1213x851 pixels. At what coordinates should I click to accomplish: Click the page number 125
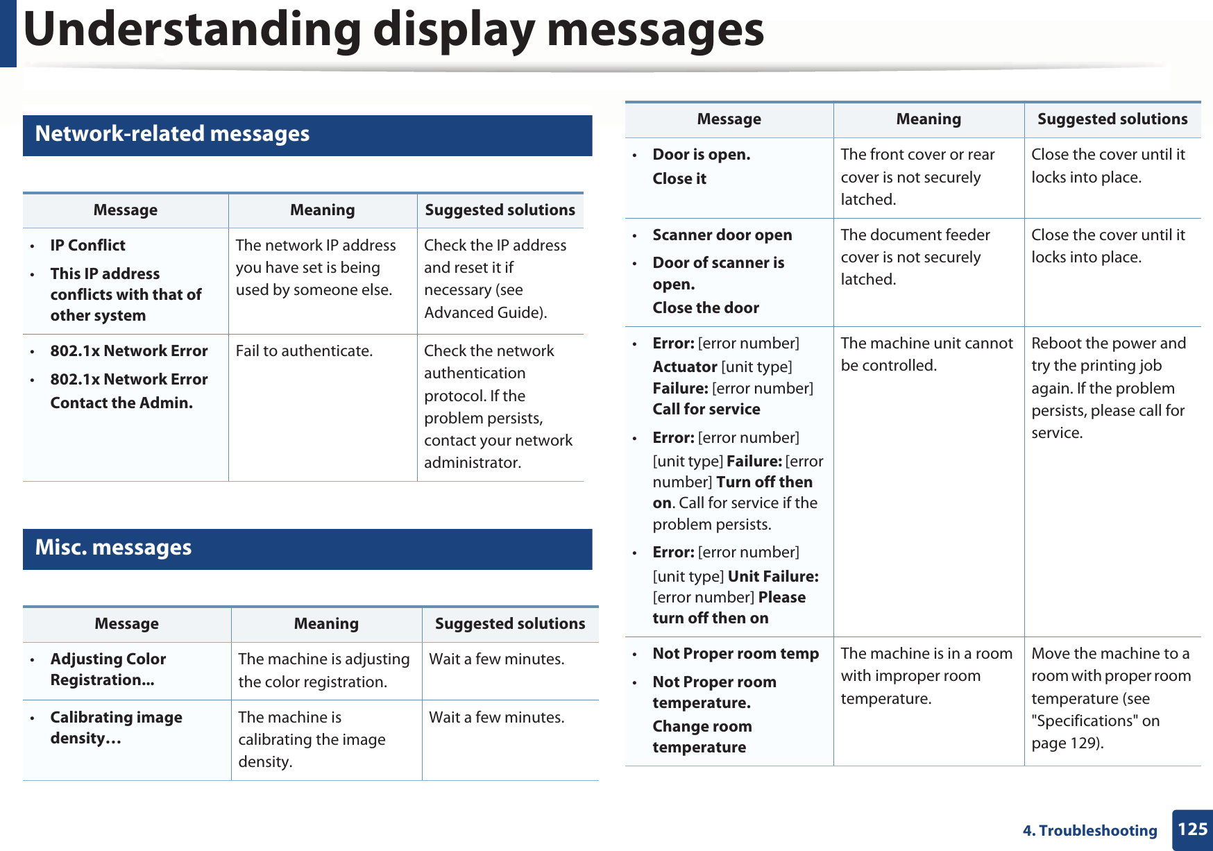point(1192,829)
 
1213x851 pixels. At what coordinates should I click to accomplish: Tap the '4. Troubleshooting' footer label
point(1089,831)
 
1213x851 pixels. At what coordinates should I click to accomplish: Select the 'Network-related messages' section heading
point(172,134)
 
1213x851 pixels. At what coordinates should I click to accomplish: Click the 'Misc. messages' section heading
point(113,548)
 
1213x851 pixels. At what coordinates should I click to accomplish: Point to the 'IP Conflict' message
point(87,246)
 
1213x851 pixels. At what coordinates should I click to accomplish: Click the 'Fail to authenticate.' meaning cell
point(304,351)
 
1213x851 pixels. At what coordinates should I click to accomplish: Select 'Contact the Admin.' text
point(121,403)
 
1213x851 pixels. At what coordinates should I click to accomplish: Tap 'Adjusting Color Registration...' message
point(108,669)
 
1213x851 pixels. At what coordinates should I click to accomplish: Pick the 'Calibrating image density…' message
point(116,727)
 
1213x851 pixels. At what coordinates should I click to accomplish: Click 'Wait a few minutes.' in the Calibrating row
point(496,718)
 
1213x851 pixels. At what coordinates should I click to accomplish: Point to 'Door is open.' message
point(701,155)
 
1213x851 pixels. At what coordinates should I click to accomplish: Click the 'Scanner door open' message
point(722,235)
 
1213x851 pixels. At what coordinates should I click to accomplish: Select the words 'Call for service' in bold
point(706,410)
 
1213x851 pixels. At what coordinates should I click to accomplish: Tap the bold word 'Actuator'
point(684,367)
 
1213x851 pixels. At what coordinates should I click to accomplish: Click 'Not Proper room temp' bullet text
point(736,654)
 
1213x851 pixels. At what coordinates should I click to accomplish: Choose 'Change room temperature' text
point(702,736)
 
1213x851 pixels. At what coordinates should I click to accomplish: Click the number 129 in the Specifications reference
point(1084,743)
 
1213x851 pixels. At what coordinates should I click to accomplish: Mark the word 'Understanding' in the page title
point(192,31)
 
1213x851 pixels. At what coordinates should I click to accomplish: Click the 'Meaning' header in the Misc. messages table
point(326,624)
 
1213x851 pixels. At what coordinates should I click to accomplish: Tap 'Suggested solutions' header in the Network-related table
point(500,210)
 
